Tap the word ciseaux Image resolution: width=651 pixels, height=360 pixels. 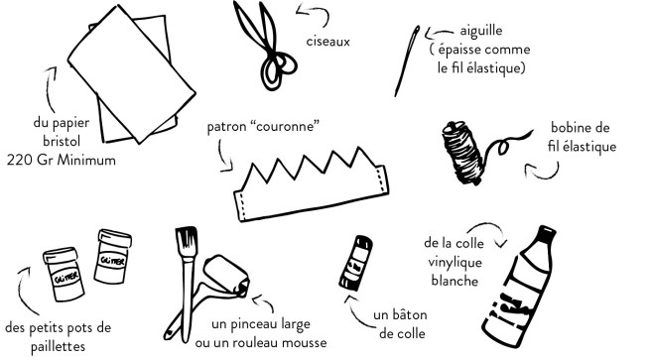328,42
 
